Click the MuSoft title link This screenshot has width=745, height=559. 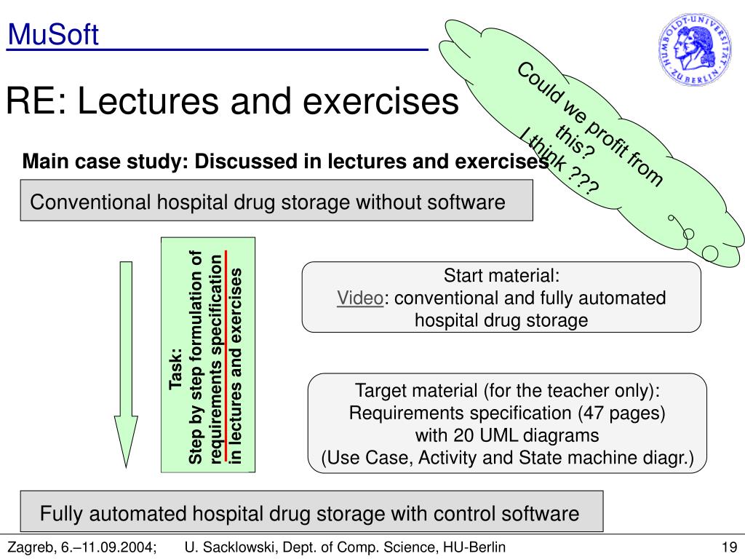[53, 34]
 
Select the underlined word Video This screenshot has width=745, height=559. [359, 298]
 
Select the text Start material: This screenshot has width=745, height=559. [501, 277]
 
